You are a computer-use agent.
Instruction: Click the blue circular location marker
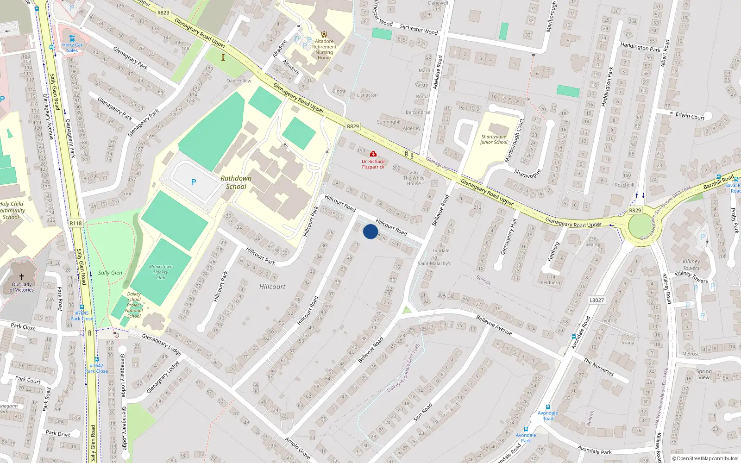(370, 231)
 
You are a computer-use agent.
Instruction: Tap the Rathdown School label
(236, 182)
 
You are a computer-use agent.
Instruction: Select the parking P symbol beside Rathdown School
(194, 182)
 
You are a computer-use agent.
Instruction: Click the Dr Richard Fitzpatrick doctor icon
(373, 154)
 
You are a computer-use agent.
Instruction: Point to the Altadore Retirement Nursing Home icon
(324, 34)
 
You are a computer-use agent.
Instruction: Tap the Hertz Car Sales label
(72, 48)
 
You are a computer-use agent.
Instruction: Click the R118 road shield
(75, 223)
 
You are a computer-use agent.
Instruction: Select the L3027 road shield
(597, 300)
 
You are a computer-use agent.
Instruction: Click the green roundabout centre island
(641, 227)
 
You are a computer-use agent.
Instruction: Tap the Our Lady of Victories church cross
(22, 276)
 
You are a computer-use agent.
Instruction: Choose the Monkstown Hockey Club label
(161, 272)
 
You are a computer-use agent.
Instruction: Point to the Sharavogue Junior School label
(494, 139)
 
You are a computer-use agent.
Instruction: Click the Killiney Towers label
(691, 265)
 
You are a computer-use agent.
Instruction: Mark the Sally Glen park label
(110, 273)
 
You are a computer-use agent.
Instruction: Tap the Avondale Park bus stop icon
(526, 429)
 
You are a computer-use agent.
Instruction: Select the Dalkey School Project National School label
(134, 305)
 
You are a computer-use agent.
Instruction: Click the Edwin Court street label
(690, 116)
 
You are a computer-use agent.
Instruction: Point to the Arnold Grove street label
(298, 448)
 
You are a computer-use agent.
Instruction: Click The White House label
(414, 181)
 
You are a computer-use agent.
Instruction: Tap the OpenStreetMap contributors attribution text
(705, 458)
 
